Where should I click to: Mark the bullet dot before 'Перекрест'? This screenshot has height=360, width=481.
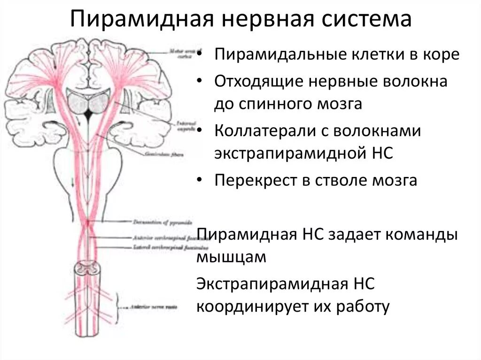coord(201,180)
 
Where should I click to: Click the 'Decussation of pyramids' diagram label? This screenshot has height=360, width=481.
coord(153,221)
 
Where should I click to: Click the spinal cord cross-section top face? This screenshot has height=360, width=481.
coord(89,268)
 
